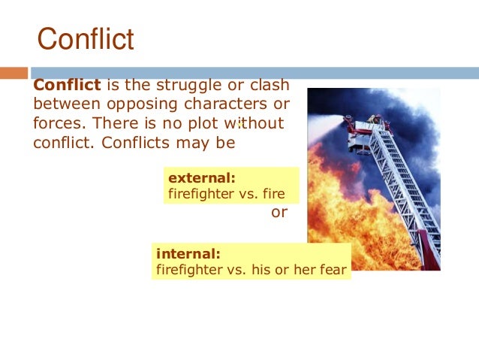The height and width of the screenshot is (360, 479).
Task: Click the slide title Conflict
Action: pyautogui.click(x=86, y=39)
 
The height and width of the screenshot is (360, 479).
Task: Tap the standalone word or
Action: pyautogui.click(x=279, y=213)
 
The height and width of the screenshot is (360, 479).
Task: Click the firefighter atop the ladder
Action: pyautogui.click(x=375, y=123)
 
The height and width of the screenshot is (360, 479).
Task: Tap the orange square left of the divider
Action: pyautogui.click(x=14, y=73)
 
